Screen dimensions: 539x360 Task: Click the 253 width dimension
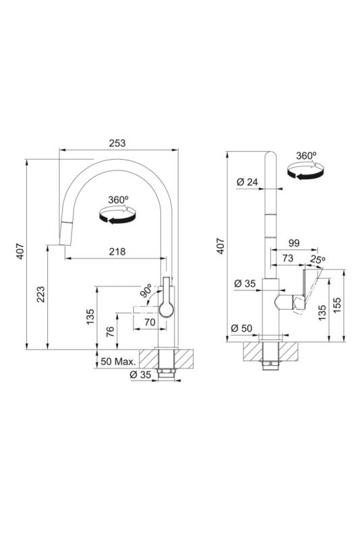pos(117,144)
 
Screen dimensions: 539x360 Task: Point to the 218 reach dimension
pos(117,252)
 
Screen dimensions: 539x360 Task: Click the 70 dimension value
pos(150,323)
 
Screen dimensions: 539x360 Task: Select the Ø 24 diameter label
pos(248,181)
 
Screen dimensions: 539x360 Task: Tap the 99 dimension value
pos(293,243)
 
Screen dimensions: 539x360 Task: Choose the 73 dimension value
pos(287,259)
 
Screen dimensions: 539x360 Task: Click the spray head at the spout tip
pos(66,233)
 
